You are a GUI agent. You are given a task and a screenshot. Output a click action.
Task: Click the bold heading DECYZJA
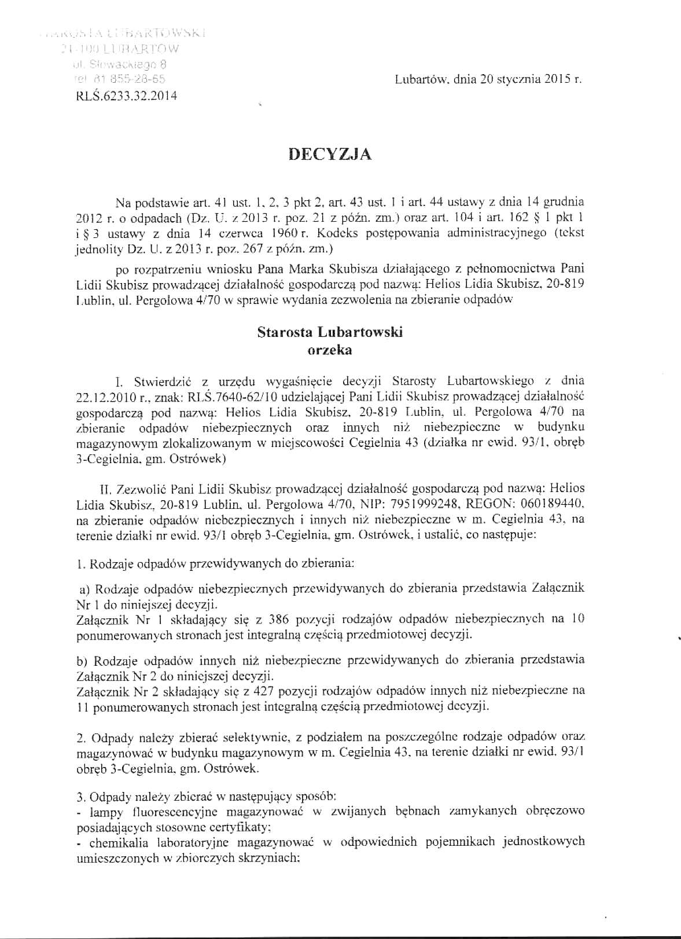(330, 155)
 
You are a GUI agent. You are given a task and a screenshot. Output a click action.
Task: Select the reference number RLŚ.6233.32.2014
(126, 96)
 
